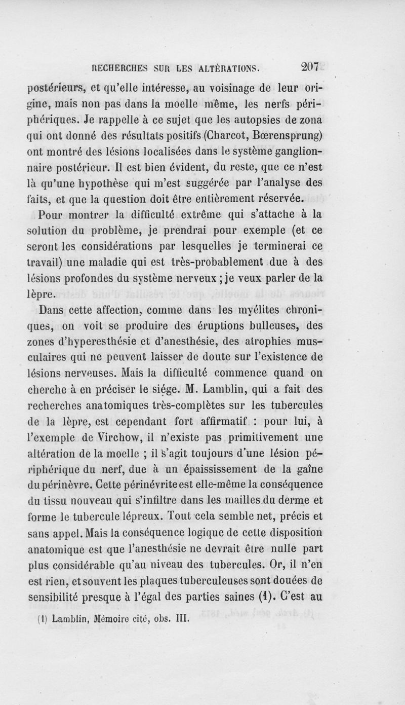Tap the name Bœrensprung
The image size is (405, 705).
[x=282, y=137]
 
